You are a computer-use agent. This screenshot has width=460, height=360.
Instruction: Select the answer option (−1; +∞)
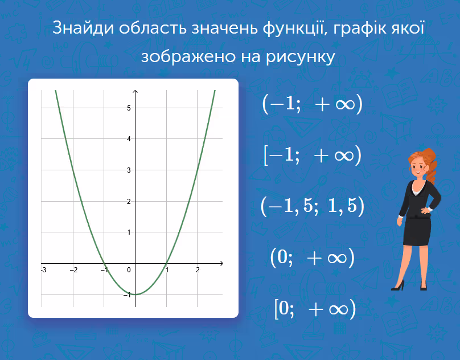click(x=313, y=104)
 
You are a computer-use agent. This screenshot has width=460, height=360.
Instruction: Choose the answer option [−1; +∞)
click(x=313, y=155)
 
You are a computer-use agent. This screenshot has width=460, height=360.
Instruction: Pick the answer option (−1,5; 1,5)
click(x=313, y=206)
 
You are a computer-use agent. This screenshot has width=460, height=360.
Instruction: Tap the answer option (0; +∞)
click(x=313, y=257)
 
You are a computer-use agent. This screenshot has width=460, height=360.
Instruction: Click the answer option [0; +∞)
click(x=315, y=309)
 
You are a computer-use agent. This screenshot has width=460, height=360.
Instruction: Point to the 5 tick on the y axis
click(x=129, y=108)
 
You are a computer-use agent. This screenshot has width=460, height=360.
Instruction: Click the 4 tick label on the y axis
click(x=129, y=139)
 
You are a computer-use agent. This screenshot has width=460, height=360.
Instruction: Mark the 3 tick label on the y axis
click(x=129, y=170)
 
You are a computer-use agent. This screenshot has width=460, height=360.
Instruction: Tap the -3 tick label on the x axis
click(x=44, y=269)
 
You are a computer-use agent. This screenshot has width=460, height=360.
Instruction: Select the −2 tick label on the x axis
click(x=74, y=269)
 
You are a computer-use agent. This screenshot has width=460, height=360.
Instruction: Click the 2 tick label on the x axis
click(x=198, y=269)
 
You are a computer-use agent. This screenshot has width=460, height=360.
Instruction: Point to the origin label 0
click(x=129, y=270)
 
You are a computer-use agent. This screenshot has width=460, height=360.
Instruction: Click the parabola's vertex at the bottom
click(x=135, y=294)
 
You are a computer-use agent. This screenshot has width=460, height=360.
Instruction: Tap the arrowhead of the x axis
click(x=221, y=263)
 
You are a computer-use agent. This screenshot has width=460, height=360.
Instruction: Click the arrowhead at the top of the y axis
click(x=135, y=92)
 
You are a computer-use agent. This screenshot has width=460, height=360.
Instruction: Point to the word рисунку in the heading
click(x=301, y=56)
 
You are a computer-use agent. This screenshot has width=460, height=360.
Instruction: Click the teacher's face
click(x=418, y=167)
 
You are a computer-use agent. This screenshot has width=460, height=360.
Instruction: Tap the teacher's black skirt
click(x=417, y=231)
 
